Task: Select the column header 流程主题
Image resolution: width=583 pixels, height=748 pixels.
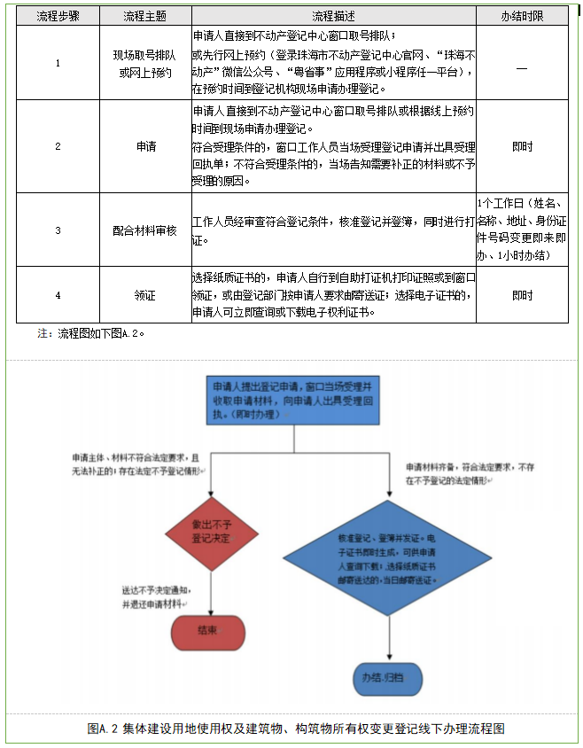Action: pyautogui.click(x=144, y=16)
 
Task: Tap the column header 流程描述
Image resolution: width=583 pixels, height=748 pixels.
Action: pyautogui.click(x=332, y=16)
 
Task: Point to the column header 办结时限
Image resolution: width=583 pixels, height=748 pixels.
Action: pyautogui.click(x=521, y=16)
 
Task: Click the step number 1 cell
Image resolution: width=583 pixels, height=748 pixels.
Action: pyautogui.click(x=58, y=63)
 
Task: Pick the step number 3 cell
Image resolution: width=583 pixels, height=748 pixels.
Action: pyautogui.click(x=58, y=230)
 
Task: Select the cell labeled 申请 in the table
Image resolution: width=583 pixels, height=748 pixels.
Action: pyautogui.click(x=145, y=146)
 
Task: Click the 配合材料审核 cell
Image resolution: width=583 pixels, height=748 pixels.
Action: pyautogui.click(x=145, y=230)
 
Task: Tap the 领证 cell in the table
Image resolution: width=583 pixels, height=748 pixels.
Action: pyautogui.click(x=145, y=295)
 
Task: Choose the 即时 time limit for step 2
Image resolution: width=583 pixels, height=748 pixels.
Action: pyautogui.click(x=522, y=146)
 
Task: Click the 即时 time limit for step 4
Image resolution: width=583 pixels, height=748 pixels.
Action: pyautogui.click(x=522, y=295)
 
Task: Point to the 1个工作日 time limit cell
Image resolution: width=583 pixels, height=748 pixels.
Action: pyautogui.click(x=521, y=230)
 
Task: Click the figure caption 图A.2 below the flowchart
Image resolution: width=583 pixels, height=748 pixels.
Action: pyautogui.click(x=296, y=729)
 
